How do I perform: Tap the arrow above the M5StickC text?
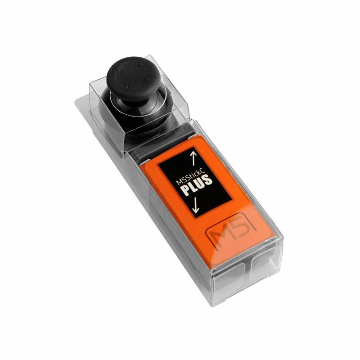click(193, 158)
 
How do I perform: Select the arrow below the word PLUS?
click(196, 205)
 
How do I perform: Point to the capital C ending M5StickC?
click(202, 170)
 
